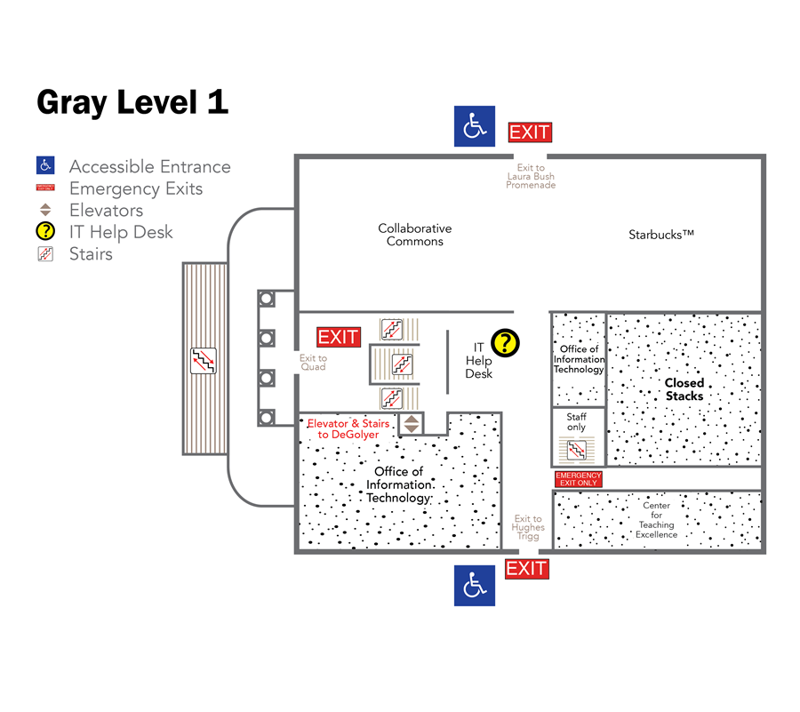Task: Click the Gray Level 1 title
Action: pyautogui.click(x=132, y=102)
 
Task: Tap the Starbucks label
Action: pyautogui.click(x=660, y=235)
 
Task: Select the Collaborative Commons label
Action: pyautogui.click(x=414, y=235)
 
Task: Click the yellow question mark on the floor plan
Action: pyautogui.click(x=505, y=342)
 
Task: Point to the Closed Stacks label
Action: pyautogui.click(x=684, y=389)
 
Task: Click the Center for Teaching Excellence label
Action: pyautogui.click(x=656, y=520)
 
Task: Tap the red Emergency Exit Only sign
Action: pyautogui.click(x=578, y=479)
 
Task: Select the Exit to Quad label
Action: pyautogui.click(x=313, y=363)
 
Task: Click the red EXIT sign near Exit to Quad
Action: pyautogui.click(x=339, y=337)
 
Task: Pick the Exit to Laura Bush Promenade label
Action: pyautogui.click(x=531, y=176)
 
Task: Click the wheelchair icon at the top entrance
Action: pyautogui.click(x=475, y=126)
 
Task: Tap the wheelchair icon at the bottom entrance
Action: pyautogui.click(x=475, y=586)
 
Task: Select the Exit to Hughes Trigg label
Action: pyautogui.click(x=528, y=527)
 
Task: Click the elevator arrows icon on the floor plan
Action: pyautogui.click(x=411, y=423)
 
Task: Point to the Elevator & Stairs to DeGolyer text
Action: pyautogui.click(x=348, y=429)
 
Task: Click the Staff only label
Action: pyautogui.click(x=577, y=422)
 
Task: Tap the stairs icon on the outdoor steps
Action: pyautogui.click(x=204, y=360)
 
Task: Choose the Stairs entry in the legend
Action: pyautogui.click(x=90, y=254)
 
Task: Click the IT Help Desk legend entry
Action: pyautogui.click(x=121, y=232)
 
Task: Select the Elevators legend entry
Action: pyautogui.click(x=106, y=211)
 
